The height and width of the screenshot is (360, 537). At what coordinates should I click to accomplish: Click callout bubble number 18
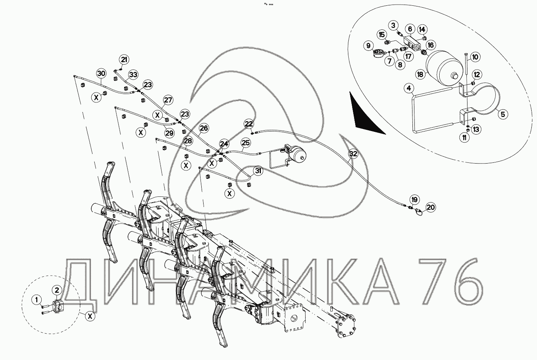click(420, 75)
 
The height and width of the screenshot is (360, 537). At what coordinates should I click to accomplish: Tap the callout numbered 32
click(353, 154)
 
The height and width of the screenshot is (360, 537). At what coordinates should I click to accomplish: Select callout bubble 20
click(431, 207)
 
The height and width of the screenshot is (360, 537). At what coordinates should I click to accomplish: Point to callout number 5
click(503, 114)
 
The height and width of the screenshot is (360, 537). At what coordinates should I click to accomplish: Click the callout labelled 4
click(409, 88)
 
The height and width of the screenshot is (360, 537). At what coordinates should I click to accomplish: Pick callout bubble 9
click(369, 45)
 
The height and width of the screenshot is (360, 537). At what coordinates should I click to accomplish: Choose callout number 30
click(101, 73)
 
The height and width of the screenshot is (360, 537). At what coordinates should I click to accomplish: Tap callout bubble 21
click(124, 60)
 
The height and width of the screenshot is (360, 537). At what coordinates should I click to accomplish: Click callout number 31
click(258, 171)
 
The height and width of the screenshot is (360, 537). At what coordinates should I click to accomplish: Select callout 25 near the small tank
click(246, 143)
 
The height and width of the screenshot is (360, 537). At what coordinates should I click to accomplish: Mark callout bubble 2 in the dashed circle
click(57, 290)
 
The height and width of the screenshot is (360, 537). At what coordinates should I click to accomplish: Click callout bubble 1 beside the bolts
click(37, 300)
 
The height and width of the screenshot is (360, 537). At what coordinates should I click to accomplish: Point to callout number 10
click(475, 57)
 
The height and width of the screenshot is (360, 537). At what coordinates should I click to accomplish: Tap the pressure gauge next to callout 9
click(378, 53)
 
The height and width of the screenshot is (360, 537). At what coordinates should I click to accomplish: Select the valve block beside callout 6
click(412, 43)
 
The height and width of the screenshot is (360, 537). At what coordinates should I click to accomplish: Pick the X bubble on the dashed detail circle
click(90, 316)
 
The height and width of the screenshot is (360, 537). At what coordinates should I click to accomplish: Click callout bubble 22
click(249, 124)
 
